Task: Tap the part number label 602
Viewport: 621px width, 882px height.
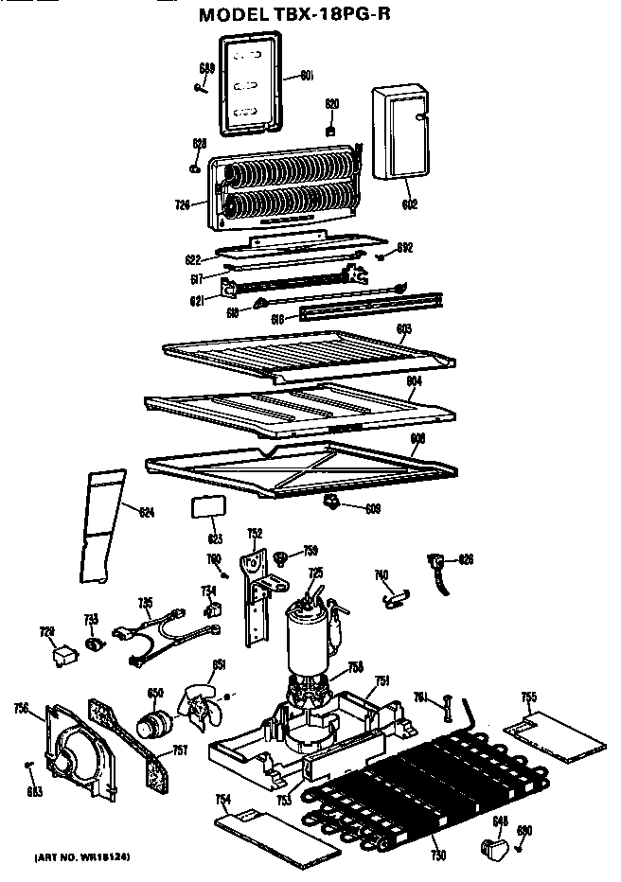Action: [x=410, y=203]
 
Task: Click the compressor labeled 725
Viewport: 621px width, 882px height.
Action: [x=306, y=634]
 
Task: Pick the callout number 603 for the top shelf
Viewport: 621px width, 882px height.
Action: [x=404, y=328]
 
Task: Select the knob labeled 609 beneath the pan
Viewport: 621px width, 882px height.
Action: [x=335, y=499]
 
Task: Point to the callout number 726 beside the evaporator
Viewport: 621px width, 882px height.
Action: [x=183, y=203]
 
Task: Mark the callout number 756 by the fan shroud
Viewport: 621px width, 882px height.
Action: [x=22, y=706]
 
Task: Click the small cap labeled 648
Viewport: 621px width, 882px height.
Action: [x=493, y=844]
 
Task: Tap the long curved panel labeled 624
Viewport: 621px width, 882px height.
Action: [x=101, y=525]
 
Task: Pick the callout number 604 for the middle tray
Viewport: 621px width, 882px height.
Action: [x=413, y=381]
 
